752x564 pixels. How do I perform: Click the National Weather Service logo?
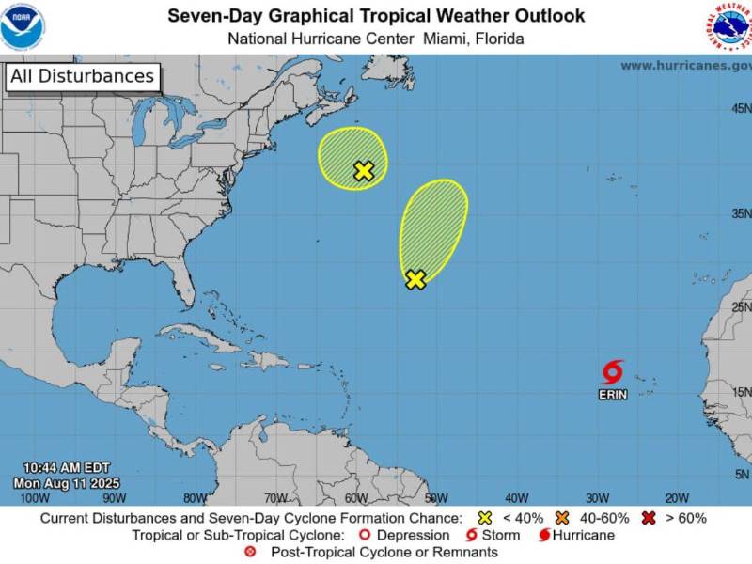point(731,26)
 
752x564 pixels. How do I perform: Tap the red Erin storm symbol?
point(613,371)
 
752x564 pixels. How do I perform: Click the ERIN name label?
point(613,395)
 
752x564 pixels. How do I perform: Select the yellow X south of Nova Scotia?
point(364,171)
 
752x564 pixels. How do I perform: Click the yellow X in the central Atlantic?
point(415,279)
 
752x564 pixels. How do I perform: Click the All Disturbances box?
point(82,76)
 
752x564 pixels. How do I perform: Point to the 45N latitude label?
point(739,109)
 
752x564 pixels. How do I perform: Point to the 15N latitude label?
point(739,392)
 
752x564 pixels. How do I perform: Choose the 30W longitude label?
point(597,497)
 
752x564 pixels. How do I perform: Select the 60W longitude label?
point(356,497)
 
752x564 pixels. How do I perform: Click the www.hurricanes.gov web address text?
point(685,65)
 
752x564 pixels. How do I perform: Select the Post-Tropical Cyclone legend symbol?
point(250,552)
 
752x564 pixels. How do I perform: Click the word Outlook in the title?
point(540,16)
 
